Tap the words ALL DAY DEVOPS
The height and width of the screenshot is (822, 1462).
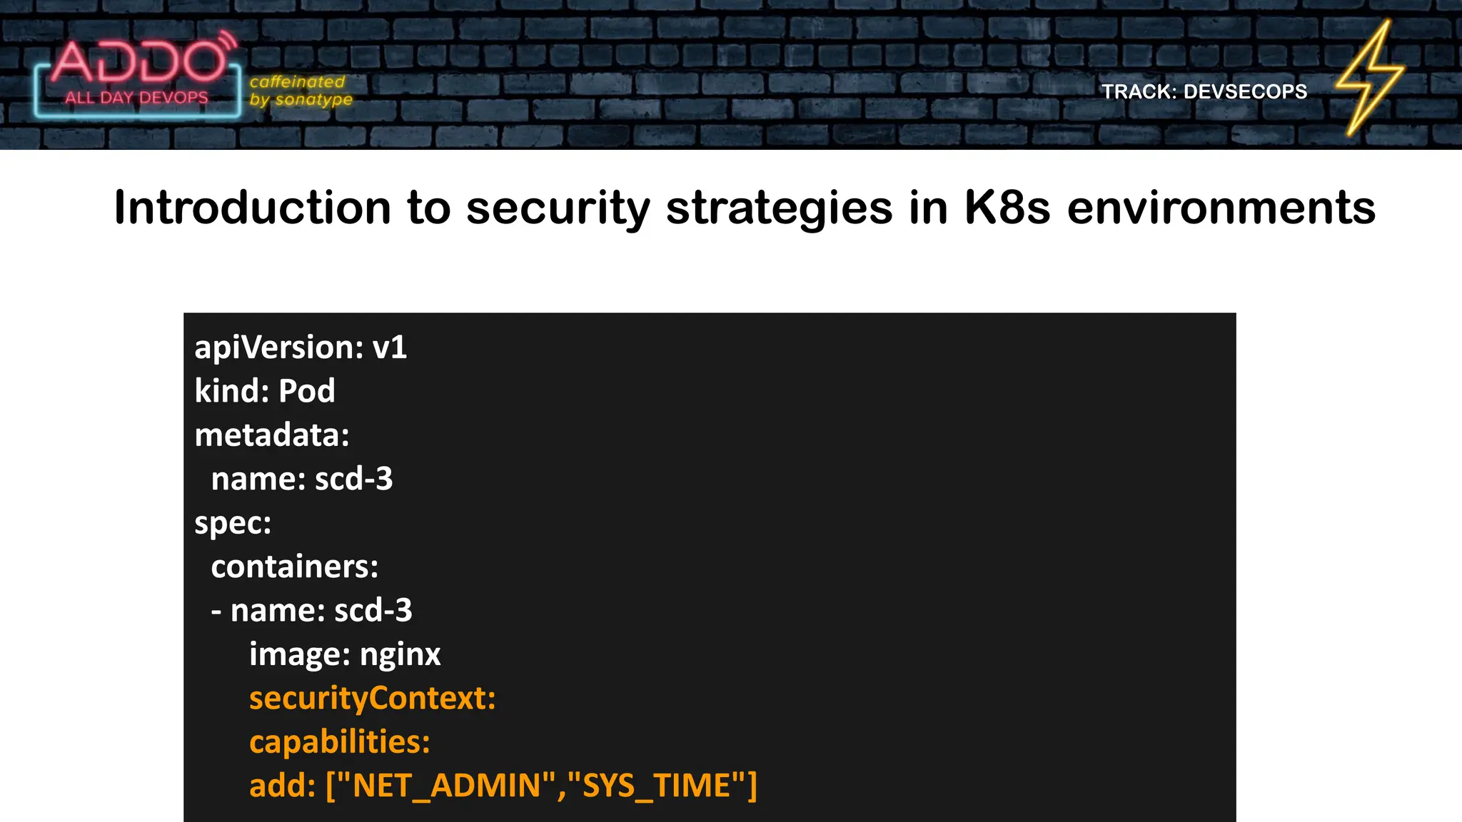[x=136, y=98]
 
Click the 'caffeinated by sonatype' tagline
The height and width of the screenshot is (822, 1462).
[x=301, y=91]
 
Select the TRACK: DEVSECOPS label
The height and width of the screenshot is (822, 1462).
[x=1204, y=91]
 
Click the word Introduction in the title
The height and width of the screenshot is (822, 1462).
[x=252, y=208]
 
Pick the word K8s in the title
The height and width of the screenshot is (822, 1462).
[x=1007, y=208]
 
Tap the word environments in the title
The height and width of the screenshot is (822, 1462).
[x=1221, y=208]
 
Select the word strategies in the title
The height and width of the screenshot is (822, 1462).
[x=779, y=208]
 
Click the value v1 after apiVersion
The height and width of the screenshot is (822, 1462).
[x=390, y=347]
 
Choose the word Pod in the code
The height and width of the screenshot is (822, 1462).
[x=306, y=391]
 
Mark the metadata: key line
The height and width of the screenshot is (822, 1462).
[x=272, y=435]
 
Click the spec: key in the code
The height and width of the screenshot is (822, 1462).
[x=233, y=523]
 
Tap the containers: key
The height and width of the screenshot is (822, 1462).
[x=294, y=567]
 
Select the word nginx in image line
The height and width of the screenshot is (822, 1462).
[x=400, y=654]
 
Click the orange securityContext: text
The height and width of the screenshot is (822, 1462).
[x=372, y=698]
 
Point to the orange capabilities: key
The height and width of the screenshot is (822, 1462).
[x=339, y=742]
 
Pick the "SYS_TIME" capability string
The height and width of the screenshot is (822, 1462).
[x=656, y=786]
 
